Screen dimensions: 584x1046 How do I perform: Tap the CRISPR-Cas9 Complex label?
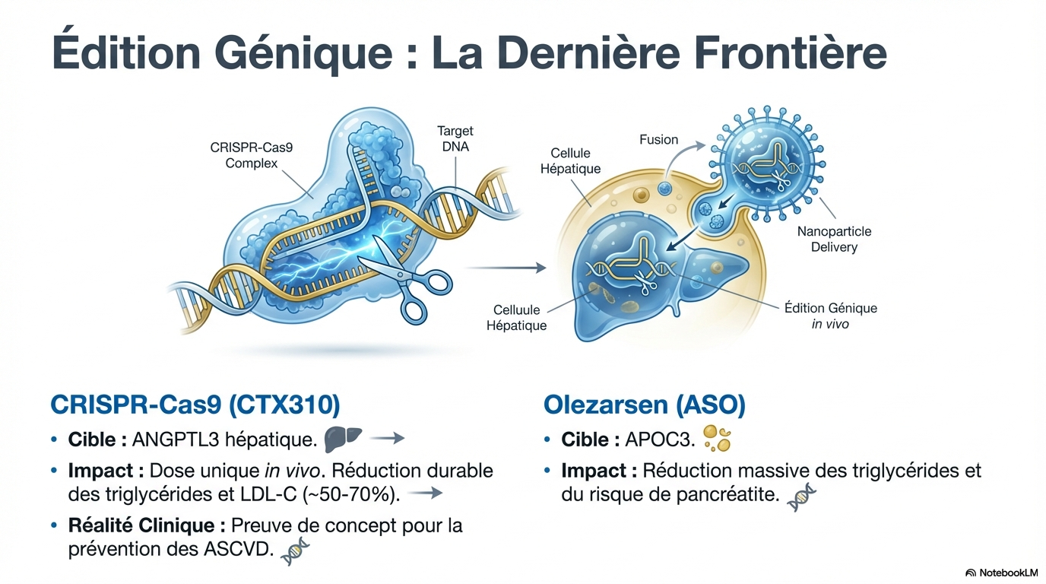251,155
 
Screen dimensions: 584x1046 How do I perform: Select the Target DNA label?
455,138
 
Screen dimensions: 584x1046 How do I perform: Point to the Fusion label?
658,139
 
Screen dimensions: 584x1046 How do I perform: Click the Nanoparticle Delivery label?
834,239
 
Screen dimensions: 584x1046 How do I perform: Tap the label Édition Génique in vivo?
830,316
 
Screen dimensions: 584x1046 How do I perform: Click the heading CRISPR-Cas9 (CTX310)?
195,405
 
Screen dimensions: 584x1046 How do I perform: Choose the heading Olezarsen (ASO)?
645,405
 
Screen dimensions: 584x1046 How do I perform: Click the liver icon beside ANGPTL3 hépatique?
342,438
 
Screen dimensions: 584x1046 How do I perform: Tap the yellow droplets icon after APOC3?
717,438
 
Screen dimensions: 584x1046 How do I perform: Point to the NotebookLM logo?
1001,572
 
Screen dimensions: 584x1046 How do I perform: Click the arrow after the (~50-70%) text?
426,494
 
